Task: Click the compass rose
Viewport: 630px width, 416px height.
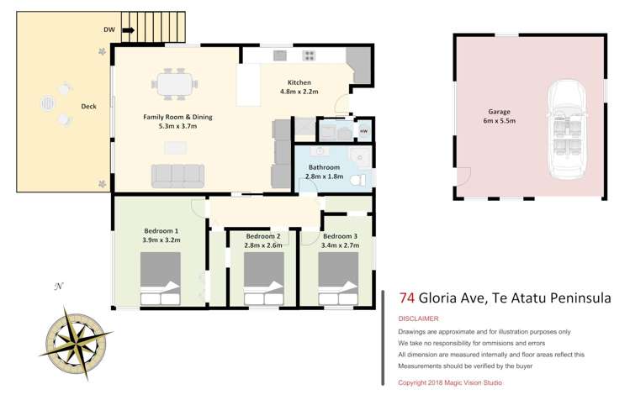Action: pos(77,340)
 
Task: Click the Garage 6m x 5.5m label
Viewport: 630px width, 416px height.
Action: pos(500,116)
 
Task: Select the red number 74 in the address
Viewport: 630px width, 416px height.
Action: pos(406,298)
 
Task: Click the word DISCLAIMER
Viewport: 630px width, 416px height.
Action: pos(419,319)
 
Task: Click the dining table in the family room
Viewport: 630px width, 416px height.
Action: pos(174,84)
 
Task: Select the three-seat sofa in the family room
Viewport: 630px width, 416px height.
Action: pos(177,175)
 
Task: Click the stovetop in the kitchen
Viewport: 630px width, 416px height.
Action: pos(310,55)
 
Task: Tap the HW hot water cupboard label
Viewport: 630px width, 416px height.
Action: pos(363,131)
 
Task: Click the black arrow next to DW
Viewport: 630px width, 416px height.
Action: pos(128,31)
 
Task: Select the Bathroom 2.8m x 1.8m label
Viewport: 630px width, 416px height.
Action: pos(324,172)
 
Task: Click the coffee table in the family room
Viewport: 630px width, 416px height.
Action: pos(177,148)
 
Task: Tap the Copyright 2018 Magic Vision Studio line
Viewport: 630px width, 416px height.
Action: pos(450,382)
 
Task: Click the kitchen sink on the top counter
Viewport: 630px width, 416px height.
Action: pos(279,55)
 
